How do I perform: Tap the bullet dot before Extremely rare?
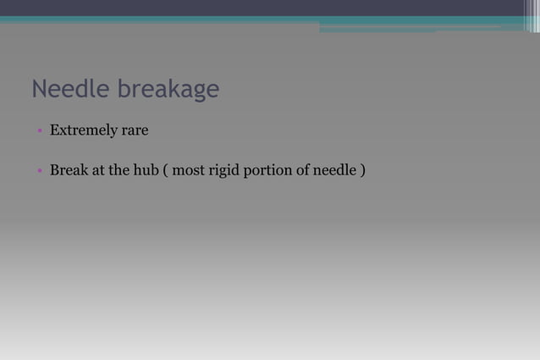tap(39, 131)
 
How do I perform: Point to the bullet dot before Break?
tap(39, 171)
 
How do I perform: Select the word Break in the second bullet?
tap(68, 170)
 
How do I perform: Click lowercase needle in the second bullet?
tap(334, 170)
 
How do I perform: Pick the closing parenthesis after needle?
tap(363, 171)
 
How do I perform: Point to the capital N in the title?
tap(38, 89)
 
